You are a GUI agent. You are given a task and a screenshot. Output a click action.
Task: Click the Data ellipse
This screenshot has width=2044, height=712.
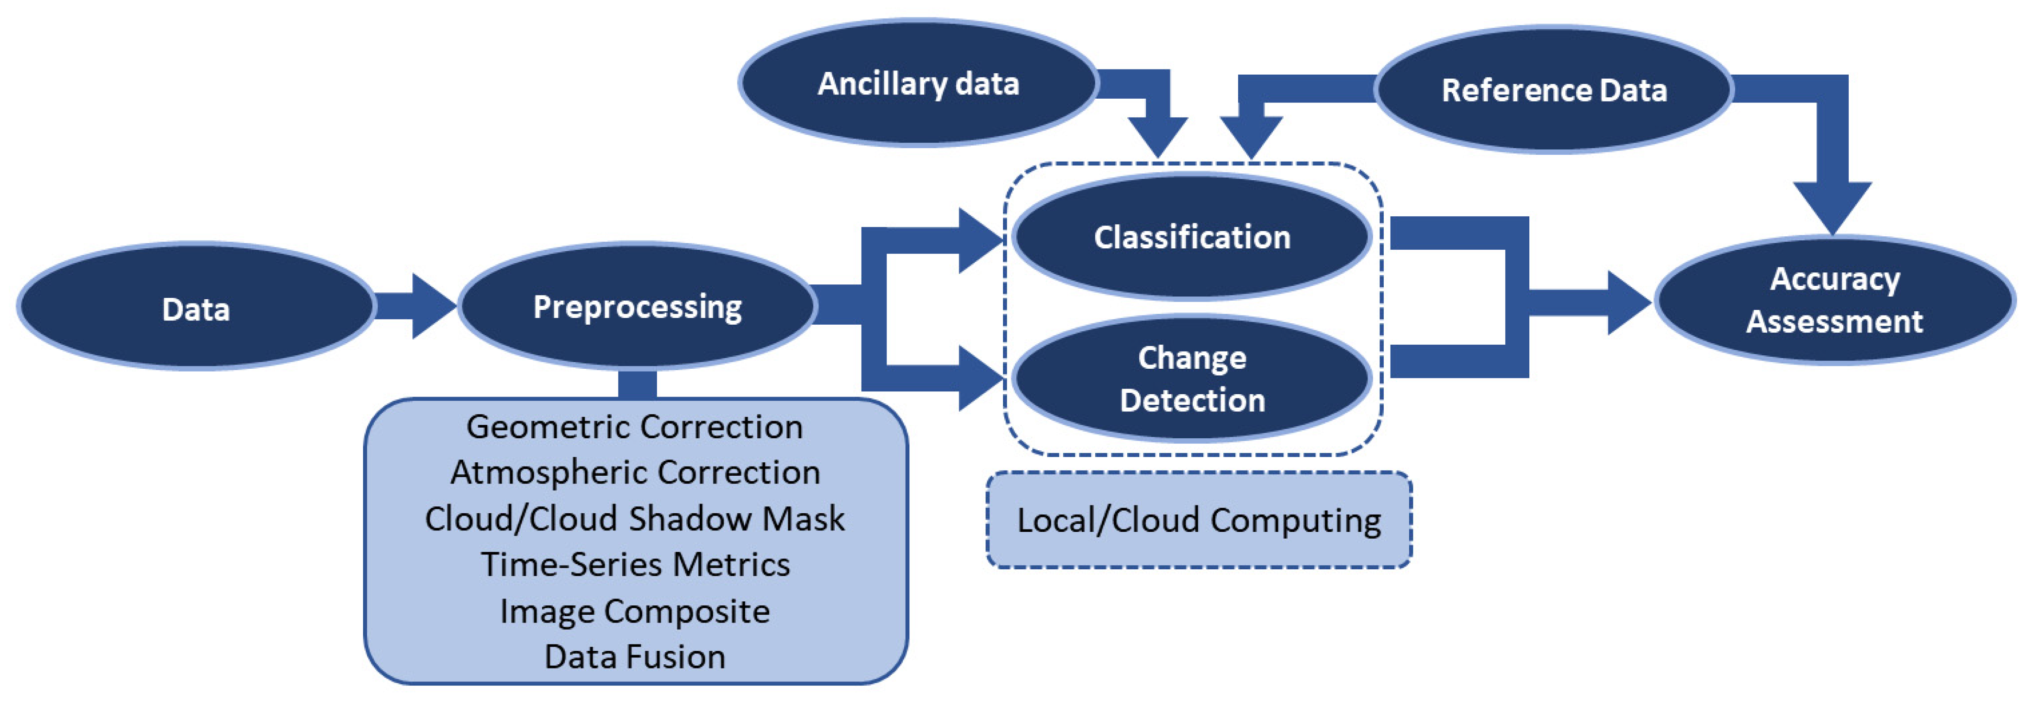point(196,308)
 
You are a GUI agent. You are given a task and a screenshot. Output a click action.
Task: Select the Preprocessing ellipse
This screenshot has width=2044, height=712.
point(637,306)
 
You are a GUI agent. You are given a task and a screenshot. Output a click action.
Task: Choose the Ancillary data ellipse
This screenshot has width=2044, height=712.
point(918,83)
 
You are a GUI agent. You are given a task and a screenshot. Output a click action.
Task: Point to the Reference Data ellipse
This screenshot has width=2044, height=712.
point(1553,89)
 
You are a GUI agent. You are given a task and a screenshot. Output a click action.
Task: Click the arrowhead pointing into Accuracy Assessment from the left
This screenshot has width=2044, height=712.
point(1627,302)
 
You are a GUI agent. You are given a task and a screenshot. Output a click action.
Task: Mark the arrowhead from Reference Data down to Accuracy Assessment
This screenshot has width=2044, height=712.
point(1832,206)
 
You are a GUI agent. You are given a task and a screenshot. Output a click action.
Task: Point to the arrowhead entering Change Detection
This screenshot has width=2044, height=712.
point(979,378)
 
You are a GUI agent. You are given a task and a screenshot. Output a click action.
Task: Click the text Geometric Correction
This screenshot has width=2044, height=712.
point(635,427)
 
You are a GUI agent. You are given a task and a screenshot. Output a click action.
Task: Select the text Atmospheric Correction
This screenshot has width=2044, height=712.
point(635,473)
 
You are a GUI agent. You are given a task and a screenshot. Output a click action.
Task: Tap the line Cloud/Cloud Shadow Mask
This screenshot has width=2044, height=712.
point(635,518)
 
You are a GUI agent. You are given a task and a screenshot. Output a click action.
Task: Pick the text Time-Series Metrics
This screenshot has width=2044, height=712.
point(635,565)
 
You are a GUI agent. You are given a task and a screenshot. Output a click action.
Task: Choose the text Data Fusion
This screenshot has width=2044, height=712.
point(635,656)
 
